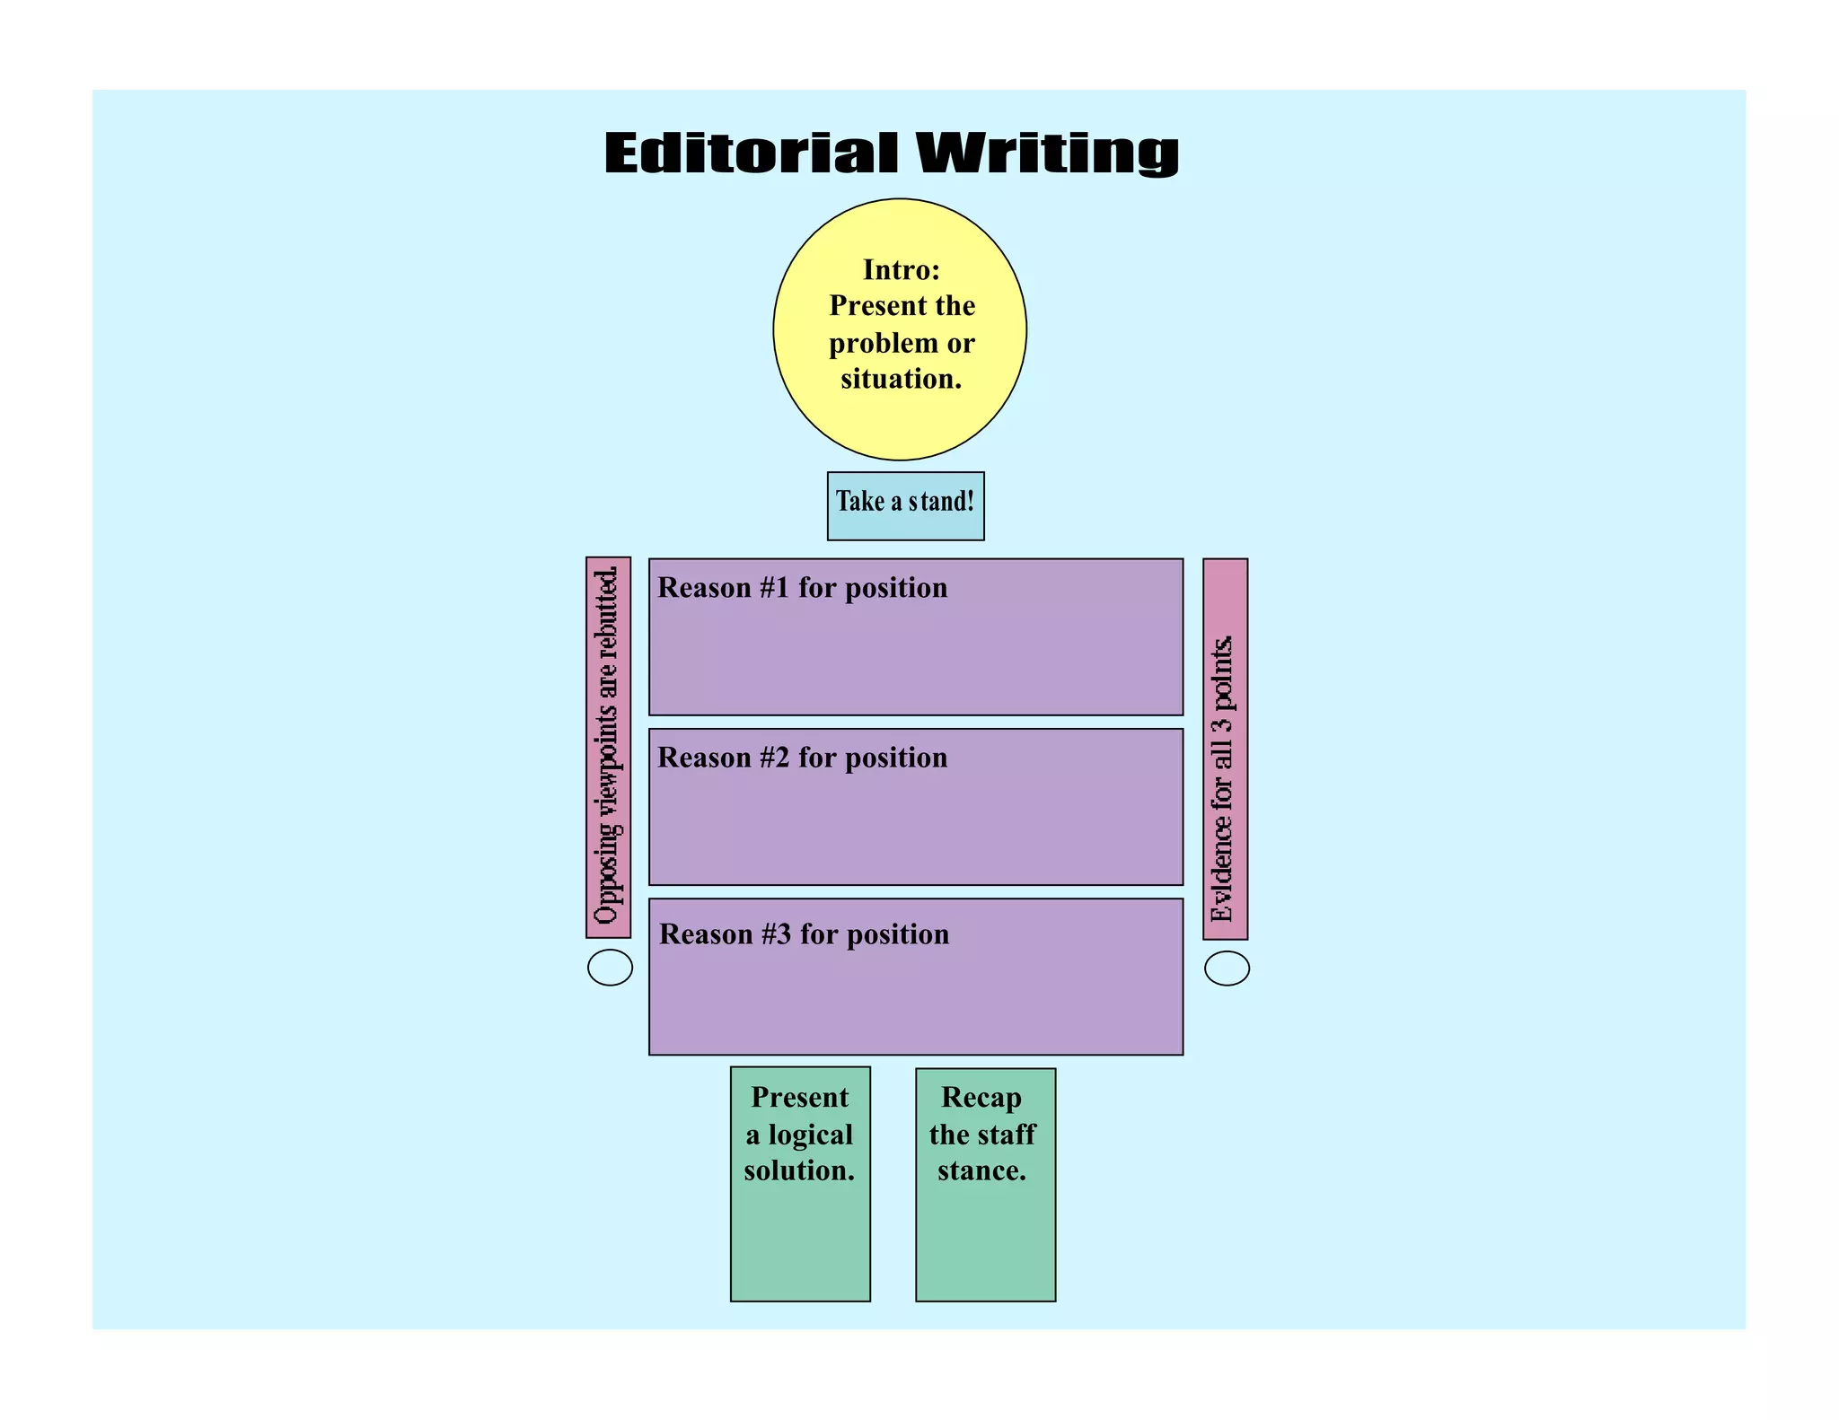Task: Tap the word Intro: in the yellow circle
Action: (901, 269)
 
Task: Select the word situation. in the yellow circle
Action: (901, 379)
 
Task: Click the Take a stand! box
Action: (905, 505)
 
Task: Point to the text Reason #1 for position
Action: (802, 588)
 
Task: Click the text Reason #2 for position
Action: (802, 758)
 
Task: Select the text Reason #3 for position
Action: (804, 934)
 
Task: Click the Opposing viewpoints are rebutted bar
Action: (608, 747)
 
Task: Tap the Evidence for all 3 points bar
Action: (1225, 749)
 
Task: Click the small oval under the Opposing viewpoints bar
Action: (610, 968)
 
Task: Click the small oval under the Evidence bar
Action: (1227, 969)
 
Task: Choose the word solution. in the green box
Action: (799, 1170)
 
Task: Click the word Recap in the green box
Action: (981, 1097)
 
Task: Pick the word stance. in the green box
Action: (981, 1170)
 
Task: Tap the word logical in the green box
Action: (810, 1135)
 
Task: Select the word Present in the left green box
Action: (799, 1097)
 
